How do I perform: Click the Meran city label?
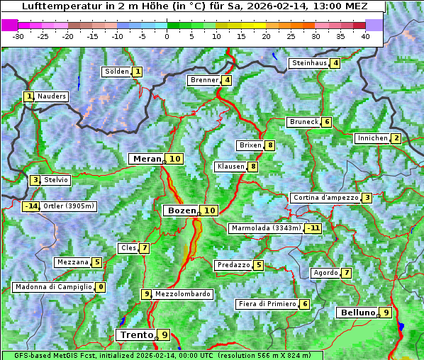pos(147,159)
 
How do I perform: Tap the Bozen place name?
pos(181,210)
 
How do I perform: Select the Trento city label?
pos(137,334)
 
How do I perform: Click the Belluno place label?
pos(357,313)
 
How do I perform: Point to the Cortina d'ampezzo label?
pos(325,198)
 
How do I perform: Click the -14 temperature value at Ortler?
pos(30,206)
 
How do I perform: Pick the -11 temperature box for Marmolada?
pos(313,228)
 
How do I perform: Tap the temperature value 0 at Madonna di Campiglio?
pos(101,287)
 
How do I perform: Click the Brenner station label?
pos(204,80)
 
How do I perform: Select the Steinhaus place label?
pos(309,63)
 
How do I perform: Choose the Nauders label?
pos(52,96)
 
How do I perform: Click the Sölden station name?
pos(117,72)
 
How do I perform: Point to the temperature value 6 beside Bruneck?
pos(326,122)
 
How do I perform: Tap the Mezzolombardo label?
pos(182,294)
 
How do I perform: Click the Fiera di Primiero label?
pos(267,304)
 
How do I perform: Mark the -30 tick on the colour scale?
pos(18,36)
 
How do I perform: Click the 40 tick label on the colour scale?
pos(365,36)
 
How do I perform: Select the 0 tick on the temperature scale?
pos(167,36)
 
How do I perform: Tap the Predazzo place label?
pos(233,265)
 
